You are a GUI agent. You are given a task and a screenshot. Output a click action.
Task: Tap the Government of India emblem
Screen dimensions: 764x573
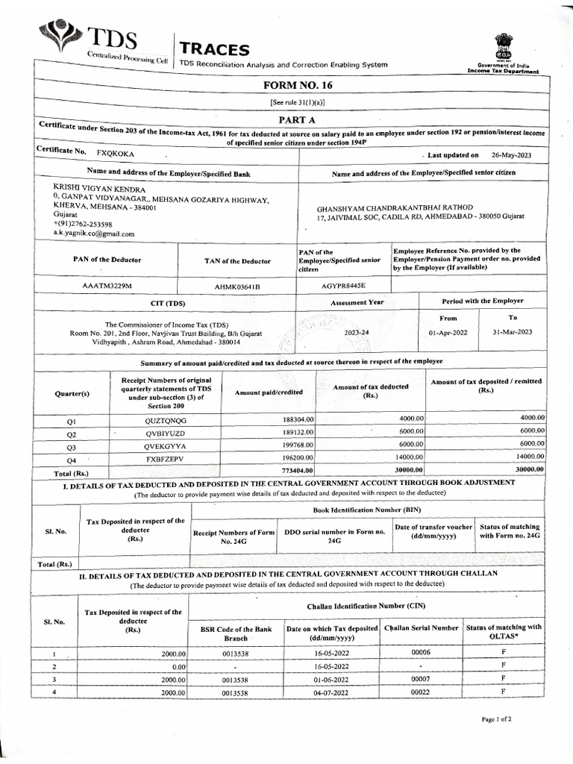(x=504, y=46)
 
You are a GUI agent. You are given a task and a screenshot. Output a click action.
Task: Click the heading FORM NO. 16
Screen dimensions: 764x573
(x=297, y=86)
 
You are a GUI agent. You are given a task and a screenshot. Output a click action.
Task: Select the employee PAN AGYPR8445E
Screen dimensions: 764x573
(x=344, y=285)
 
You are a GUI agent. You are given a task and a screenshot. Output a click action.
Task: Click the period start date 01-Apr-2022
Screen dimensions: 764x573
(x=448, y=332)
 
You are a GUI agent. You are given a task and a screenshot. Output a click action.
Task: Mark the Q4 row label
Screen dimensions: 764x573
(x=72, y=460)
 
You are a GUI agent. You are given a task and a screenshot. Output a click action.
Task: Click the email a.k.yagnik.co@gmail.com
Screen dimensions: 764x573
(x=94, y=234)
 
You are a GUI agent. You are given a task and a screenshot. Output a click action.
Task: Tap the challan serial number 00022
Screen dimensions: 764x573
(x=422, y=692)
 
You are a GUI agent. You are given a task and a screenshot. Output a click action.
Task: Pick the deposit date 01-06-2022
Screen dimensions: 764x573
(x=332, y=680)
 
